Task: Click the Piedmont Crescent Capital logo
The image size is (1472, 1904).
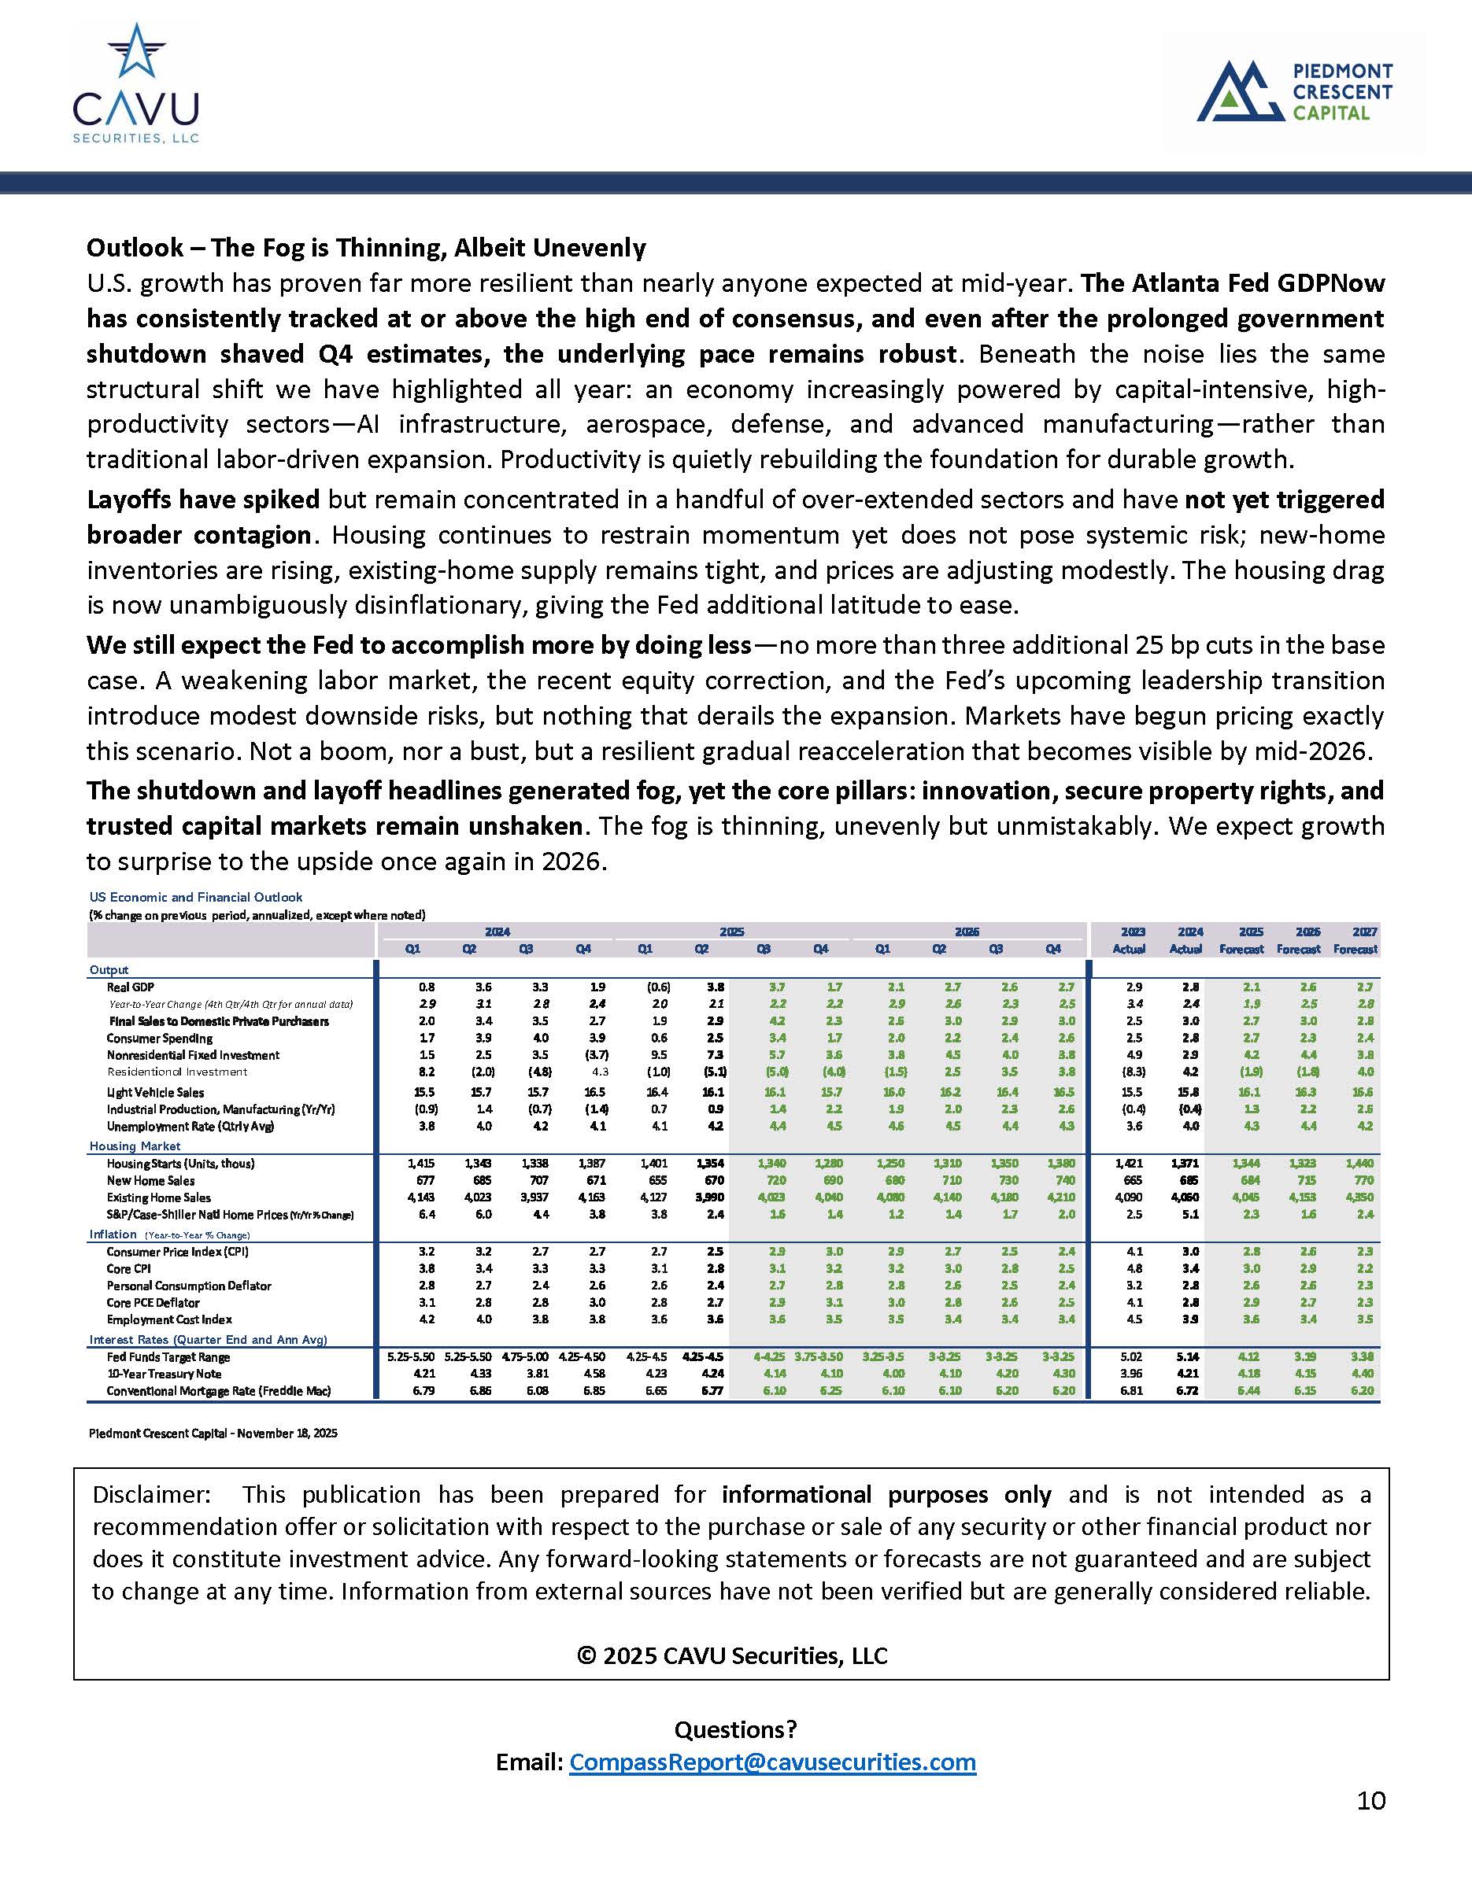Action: point(1295,90)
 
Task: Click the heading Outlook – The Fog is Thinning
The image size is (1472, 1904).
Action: point(365,248)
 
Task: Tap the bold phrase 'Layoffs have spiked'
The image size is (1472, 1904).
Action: point(203,500)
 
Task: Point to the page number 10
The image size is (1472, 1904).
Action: point(1370,1800)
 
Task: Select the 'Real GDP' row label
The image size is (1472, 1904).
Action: point(130,987)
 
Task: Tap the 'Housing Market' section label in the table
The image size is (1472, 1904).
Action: point(135,1146)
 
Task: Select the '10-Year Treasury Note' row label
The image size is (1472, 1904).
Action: point(164,1373)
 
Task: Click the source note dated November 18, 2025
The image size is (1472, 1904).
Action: point(213,1433)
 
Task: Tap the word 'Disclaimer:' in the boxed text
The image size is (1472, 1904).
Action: point(151,1494)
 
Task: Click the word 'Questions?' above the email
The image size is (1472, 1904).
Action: point(735,1729)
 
